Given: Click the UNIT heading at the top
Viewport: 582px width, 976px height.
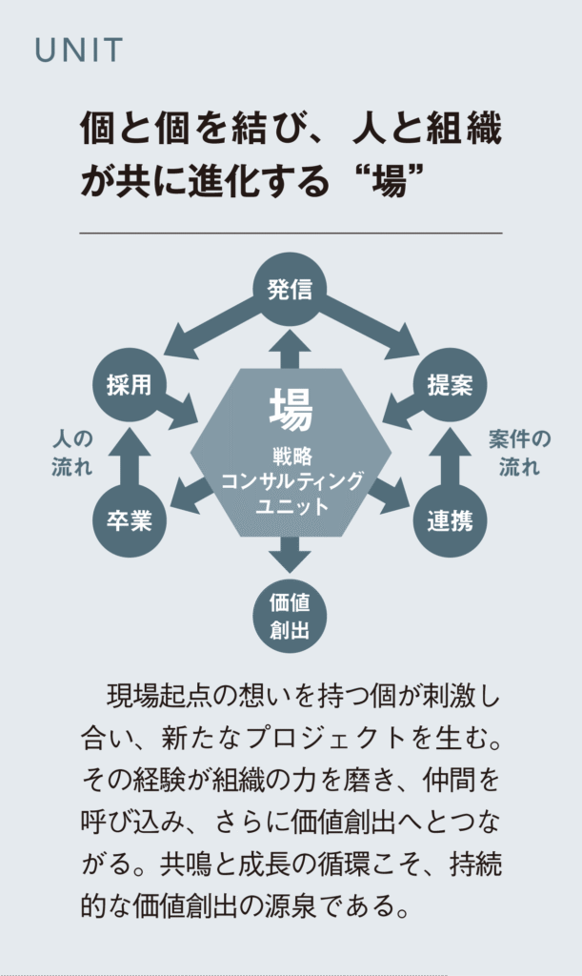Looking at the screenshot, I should point(79,51).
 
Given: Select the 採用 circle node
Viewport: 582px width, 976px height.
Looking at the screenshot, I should point(129,385).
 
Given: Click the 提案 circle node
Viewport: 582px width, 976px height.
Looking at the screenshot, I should point(450,385).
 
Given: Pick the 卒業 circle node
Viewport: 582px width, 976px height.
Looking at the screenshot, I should point(129,520).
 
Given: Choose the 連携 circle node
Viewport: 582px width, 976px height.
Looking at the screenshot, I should point(450,520).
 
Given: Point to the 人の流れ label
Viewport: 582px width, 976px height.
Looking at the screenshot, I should point(72,453).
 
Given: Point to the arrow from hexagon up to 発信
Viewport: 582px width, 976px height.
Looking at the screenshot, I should point(291,348).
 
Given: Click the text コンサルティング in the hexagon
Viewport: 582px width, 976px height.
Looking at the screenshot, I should point(291,481).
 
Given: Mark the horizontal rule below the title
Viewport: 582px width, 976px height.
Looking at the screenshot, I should point(291,233).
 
